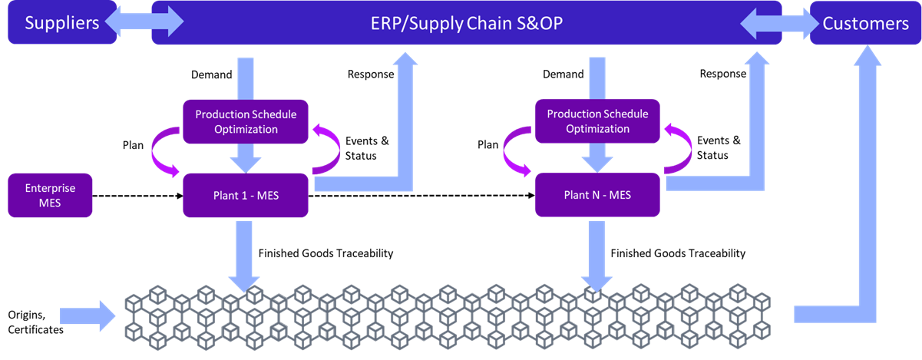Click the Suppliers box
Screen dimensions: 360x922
(61, 23)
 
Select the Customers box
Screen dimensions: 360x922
(865, 23)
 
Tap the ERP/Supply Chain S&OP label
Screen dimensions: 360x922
(466, 23)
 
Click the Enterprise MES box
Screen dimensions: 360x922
(50, 195)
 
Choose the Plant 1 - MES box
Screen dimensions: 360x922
(246, 195)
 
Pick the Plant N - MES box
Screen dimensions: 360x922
(597, 195)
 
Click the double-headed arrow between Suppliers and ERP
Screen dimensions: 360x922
(144, 23)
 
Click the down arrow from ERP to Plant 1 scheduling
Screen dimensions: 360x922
(246, 77)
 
